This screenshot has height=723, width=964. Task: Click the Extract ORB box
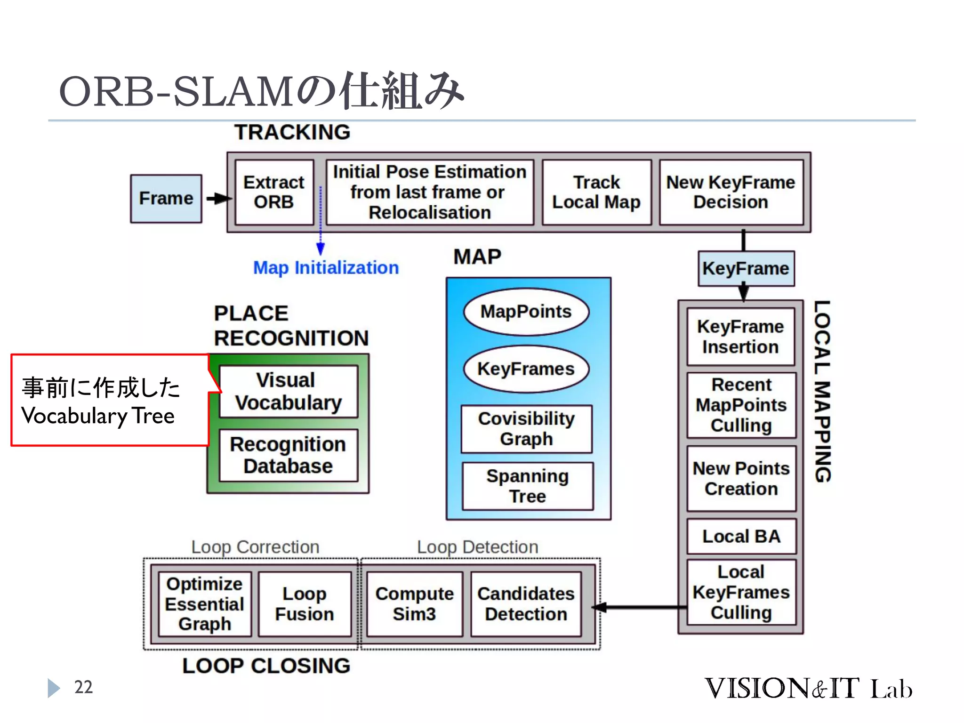pos(274,192)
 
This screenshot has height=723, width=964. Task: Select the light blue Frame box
pos(166,198)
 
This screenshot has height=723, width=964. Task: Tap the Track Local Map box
pos(596,192)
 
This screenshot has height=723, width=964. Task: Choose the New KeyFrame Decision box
pos(731,192)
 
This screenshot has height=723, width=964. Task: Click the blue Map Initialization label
pos(326,268)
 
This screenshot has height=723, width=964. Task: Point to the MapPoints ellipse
pos(526,312)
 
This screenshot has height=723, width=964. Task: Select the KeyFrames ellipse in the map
pos(526,369)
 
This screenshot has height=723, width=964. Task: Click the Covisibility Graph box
pos(526,429)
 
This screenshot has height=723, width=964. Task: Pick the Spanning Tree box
pos(528,486)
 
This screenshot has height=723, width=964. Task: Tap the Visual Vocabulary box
pos(289,392)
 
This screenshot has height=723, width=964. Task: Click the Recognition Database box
pos(289,455)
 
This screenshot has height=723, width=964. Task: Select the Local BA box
pos(741,537)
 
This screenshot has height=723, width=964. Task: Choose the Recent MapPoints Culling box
pos(741,405)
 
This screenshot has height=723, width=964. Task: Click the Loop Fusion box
pos(305,604)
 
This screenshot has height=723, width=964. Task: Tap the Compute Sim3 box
pos(414,604)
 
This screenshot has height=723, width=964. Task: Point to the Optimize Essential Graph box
pos(205,604)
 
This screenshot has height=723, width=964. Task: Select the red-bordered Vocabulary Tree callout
pos(109,401)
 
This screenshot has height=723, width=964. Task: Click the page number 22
pos(83,687)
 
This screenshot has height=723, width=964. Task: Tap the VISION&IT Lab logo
pos(808,689)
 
